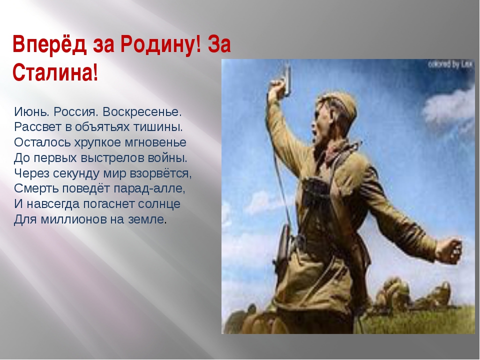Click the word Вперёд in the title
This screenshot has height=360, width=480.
(49, 44)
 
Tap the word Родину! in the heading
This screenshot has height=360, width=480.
(160, 44)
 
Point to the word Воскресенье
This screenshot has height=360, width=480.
(142, 112)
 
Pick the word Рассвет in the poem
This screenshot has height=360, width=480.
(38, 127)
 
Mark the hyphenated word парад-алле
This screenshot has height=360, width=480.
(149, 188)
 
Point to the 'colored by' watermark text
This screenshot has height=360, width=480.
(449, 64)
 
